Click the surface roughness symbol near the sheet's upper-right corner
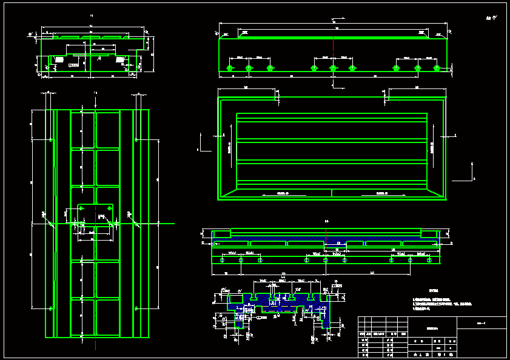(490, 18)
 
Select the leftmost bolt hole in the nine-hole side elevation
(230, 68)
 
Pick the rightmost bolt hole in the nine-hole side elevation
(437, 68)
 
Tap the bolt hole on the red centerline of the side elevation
(333, 68)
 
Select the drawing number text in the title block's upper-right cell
(482, 322)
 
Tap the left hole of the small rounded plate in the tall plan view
(81, 208)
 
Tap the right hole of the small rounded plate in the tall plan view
(109, 208)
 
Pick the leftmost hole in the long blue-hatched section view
(221, 260)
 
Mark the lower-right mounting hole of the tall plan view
(137, 308)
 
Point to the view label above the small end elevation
(91, 15)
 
